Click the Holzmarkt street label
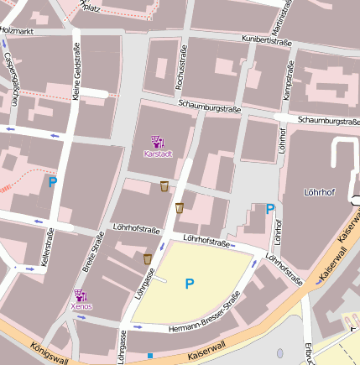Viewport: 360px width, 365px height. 16,30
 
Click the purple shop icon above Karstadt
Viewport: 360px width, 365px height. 158,141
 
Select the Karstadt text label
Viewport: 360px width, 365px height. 158,154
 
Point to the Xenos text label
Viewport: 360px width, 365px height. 81,306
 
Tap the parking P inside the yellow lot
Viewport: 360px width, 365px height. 189,284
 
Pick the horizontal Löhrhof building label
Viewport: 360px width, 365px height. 319,192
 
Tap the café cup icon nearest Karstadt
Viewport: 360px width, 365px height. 164,185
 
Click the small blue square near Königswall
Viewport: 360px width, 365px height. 149,356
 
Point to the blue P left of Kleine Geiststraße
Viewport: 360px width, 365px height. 52,181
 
